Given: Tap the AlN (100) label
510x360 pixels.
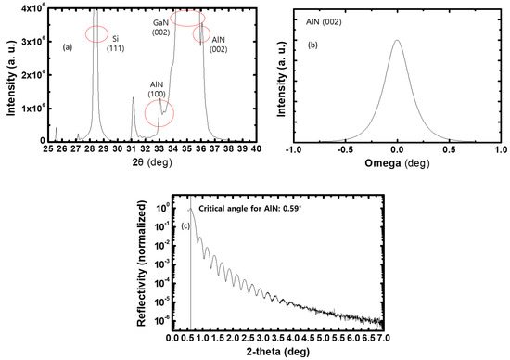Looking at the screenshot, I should pos(159,89).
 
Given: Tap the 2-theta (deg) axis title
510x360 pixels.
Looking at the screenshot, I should pos(286,352).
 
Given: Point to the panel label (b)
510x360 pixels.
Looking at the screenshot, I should pos(306,45).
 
